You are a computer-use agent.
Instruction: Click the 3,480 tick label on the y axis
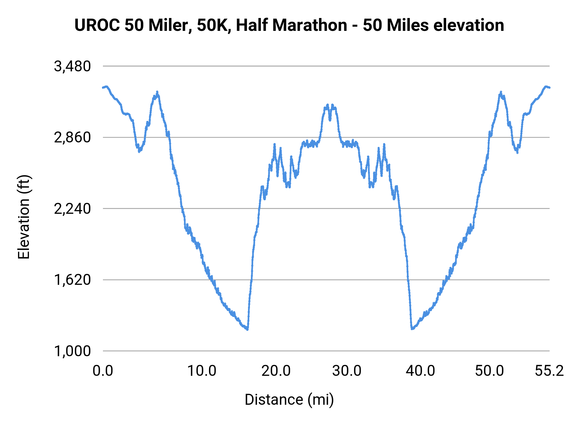[72, 67]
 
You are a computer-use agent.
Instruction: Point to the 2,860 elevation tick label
[72, 138]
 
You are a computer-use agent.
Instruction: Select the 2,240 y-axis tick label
[72, 209]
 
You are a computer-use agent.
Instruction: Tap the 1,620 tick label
[72, 280]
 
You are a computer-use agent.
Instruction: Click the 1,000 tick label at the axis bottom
[72, 351]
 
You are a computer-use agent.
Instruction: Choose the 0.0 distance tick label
[103, 371]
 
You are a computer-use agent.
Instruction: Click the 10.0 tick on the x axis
[202, 371]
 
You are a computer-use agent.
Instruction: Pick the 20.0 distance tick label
[276, 371]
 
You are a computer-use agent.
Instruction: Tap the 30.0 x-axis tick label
[347, 371]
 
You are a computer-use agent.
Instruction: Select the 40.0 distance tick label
[420, 371]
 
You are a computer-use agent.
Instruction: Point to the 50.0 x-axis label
[489, 371]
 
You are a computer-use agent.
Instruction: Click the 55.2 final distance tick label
[549, 371]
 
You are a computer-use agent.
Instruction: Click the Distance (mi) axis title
[289, 400]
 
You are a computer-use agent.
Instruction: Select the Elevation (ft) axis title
[24, 217]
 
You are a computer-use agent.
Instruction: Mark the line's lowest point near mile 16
[247, 329]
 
